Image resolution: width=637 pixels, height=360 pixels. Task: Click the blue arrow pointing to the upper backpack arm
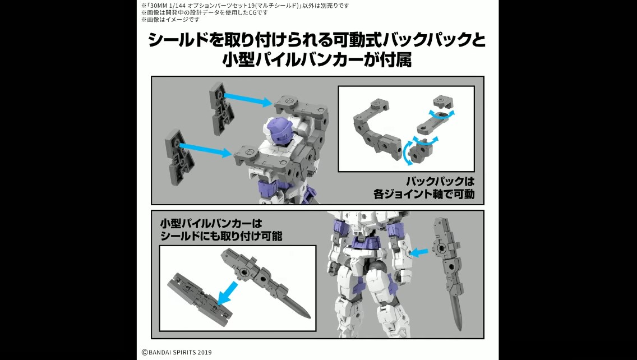click(247, 99)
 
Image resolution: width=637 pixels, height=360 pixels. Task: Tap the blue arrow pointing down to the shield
click(228, 293)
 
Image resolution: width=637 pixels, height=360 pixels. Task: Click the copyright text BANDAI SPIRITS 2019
click(177, 352)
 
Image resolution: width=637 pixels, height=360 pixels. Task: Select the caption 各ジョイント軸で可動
click(424, 194)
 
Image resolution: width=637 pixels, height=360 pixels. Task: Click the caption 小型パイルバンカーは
click(211, 224)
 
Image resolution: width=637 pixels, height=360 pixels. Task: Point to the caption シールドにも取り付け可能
click(221, 236)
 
